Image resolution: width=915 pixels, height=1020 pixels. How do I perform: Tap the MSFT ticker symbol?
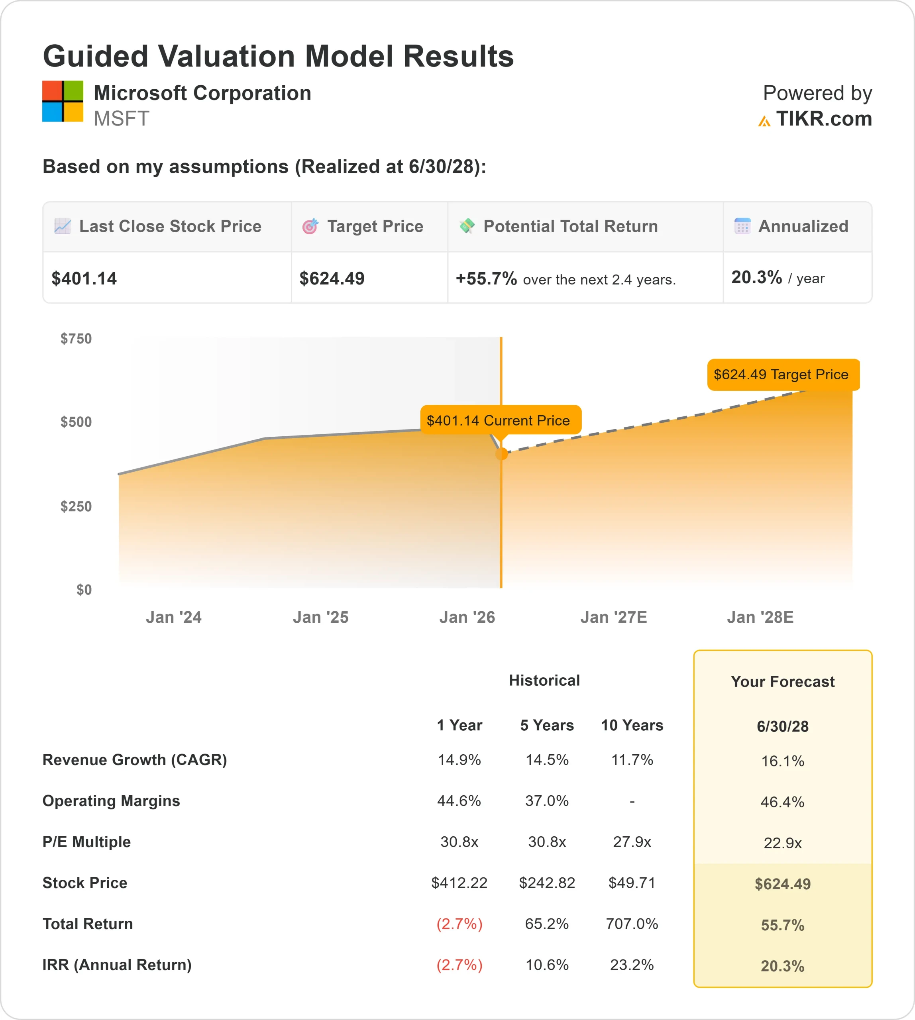click(121, 119)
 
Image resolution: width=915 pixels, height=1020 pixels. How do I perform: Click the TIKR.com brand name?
click(823, 119)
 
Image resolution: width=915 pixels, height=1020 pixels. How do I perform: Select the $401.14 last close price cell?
click(84, 279)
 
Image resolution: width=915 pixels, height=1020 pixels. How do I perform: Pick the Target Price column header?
click(375, 227)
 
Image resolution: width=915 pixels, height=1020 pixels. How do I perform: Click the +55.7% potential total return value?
click(486, 279)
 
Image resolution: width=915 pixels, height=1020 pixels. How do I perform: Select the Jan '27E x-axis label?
click(613, 617)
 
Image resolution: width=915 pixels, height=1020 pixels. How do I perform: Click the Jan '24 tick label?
click(173, 617)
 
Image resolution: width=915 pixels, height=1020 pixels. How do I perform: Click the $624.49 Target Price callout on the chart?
click(783, 375)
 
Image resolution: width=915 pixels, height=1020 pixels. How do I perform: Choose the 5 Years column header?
click(546, 726)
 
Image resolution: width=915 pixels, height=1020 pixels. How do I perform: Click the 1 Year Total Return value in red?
click(459, 924)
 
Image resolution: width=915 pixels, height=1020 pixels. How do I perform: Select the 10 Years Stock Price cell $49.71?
click(631, 883)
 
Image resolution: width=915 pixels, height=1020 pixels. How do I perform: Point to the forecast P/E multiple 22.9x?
click(782, 843)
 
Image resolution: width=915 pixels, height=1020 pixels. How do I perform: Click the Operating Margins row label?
click(111, 801)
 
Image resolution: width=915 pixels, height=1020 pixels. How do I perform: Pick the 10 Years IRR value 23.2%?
click(631, 965)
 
